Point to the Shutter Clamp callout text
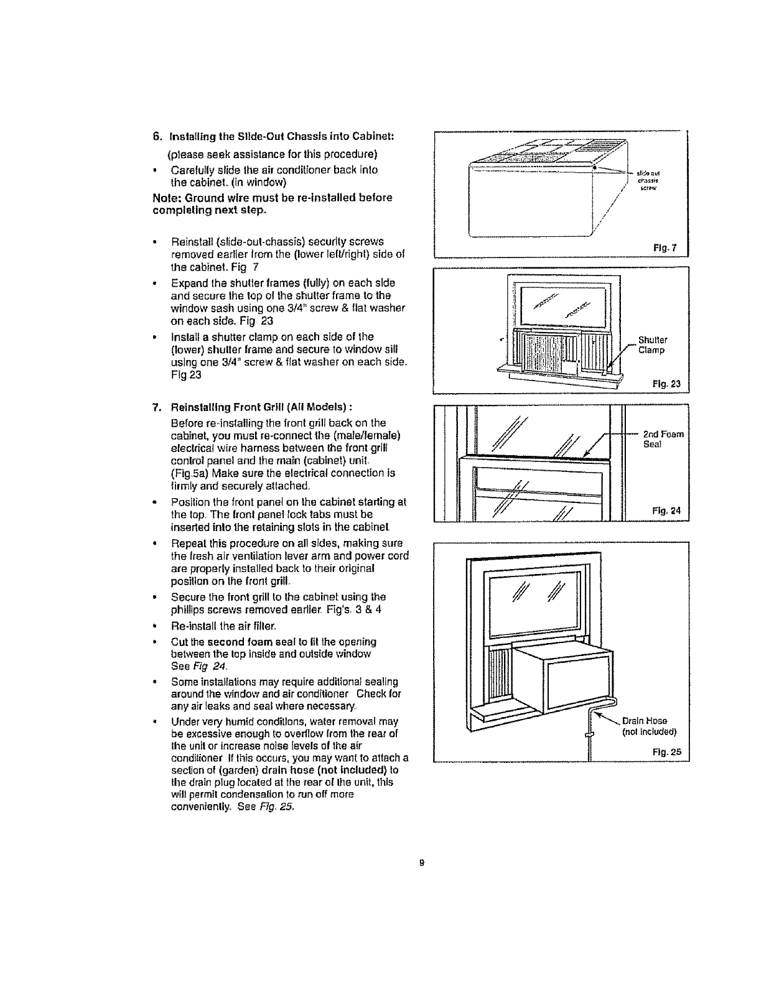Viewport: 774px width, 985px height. [653, 345]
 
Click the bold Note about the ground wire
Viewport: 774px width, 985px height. [272, 203]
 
